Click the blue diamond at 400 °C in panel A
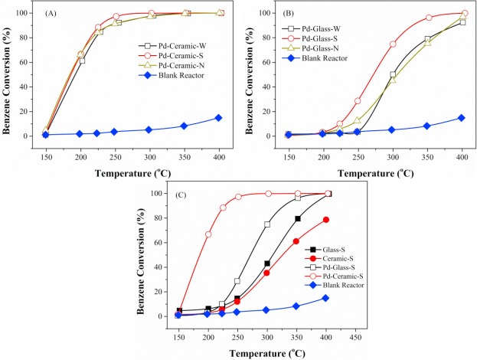coord(218,118)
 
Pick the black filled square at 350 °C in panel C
coord(298,219)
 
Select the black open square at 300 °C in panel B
coord(393,75)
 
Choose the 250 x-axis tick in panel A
coord(117,145)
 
